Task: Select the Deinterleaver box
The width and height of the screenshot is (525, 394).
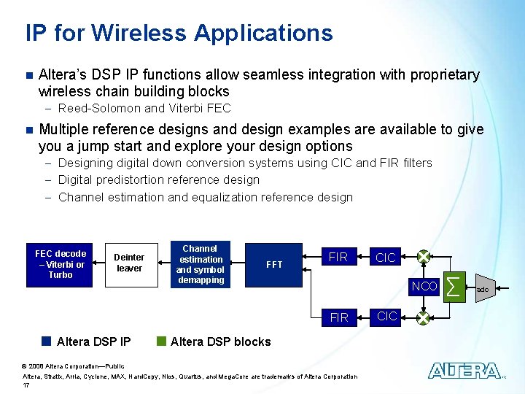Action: click(129, 263)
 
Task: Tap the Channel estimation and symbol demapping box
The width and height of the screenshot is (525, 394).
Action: click(201, 264)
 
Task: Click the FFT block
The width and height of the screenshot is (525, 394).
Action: click(274, 264)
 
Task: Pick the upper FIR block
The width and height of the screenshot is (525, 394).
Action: click(338, 257)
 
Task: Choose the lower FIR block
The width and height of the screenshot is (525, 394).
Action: click(338, 318)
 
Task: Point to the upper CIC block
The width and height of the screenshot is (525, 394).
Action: click(385, 258)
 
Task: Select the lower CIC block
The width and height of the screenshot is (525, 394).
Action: click(385, 317)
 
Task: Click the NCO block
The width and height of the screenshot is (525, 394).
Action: click(424, 287)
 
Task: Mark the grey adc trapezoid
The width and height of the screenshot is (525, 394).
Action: click(481, 289)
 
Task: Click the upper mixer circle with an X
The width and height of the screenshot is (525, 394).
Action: click(423, 258)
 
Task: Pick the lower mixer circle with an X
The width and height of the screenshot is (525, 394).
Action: click(423, 317)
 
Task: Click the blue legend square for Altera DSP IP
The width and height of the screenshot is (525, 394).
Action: click(47, 341)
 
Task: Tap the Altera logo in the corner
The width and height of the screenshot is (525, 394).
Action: click(464, 371)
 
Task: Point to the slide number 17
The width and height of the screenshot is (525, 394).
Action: click(27, 385)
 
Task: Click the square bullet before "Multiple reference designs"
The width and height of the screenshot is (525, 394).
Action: click(28, 130)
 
